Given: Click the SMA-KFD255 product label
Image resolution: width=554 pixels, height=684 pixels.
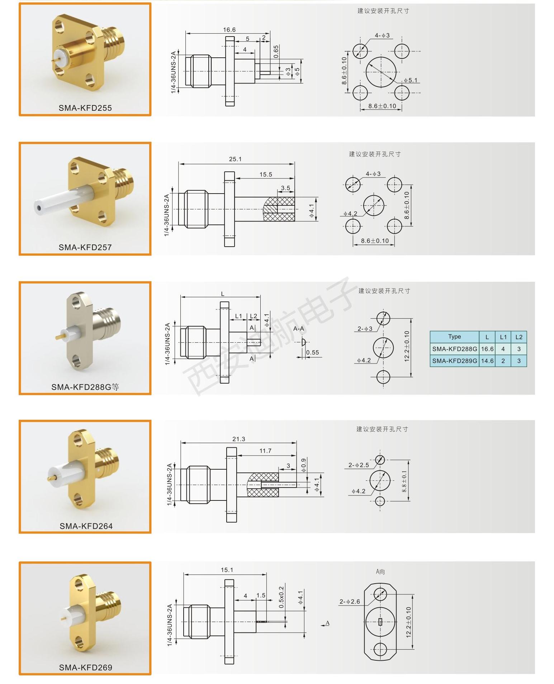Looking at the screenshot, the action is click(85, 108).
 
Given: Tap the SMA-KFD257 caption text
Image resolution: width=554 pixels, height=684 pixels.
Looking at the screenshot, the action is click(85, 247).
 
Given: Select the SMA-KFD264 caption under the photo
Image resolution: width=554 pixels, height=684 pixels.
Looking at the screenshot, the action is click(86, 526).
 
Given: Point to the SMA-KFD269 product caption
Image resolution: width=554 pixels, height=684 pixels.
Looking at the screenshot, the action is click(86, 667).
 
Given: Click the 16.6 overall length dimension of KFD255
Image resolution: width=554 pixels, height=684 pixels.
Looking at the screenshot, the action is click(229, 30).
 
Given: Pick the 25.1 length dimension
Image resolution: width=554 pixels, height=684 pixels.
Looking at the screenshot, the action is click(235, 159).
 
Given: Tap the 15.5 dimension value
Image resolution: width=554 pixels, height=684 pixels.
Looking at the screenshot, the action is click(266, 175).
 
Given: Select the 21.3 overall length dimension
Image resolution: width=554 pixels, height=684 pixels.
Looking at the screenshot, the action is click(238, 439).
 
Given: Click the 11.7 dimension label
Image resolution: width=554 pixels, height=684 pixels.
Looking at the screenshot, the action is click(265, 451).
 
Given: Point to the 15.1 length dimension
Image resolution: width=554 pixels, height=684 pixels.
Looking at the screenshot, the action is click(227, 570).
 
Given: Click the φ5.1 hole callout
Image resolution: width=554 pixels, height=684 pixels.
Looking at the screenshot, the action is click(410, 80).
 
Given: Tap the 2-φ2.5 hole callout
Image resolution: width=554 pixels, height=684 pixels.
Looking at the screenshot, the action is click(359, 465).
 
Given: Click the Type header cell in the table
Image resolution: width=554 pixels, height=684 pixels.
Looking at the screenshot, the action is click(454, 337).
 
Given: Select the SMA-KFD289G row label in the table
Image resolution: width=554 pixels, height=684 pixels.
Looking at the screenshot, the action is click(455, 361).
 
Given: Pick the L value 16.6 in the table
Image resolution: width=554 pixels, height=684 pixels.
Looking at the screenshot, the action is click(487, 349).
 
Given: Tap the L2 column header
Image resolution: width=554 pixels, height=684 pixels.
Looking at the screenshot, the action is click(519, 337).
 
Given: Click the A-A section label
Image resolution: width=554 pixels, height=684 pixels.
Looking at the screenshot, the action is click(299, 329).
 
